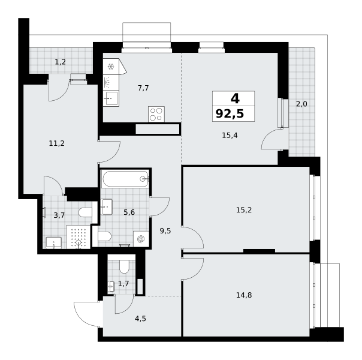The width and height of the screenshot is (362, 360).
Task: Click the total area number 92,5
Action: (x=230, y=114)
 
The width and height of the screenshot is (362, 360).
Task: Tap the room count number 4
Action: (x=235, y=98)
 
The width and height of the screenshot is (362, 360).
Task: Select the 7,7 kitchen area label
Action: (x=143, y=88)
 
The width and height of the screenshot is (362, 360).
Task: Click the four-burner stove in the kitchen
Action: (x=156, y=114)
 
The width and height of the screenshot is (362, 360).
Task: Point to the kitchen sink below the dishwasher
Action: (x=111, y=98)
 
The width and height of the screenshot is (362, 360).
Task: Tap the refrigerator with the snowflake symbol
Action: (x=111, y=67)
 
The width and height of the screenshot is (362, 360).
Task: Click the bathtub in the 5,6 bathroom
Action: (x=125, y=179)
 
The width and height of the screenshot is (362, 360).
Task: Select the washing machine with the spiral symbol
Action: (x=141, y=239)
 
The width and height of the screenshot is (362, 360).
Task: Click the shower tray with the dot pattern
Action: (x=79, y=237)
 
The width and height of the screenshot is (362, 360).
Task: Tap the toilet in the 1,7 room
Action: (x=124, y=266)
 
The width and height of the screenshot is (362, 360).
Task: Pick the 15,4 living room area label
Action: (x=230, y=136)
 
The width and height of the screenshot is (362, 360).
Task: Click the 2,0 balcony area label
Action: (x=301, y=104)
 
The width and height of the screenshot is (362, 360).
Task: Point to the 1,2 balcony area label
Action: (x=61, y=62)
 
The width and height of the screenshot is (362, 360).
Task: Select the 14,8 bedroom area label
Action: (x=244, y=295)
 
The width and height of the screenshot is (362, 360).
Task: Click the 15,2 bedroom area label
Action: (x=244, y=210)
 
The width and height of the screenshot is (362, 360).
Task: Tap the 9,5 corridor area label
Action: (x=165, y=231)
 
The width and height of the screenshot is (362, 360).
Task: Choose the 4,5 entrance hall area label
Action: (x=140, y=319)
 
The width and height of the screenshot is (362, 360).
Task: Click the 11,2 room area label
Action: (x=57, y=143)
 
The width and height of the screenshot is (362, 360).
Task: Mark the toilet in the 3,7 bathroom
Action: (x=85, y=212)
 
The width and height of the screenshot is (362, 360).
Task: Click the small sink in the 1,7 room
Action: (x=111, y=287)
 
